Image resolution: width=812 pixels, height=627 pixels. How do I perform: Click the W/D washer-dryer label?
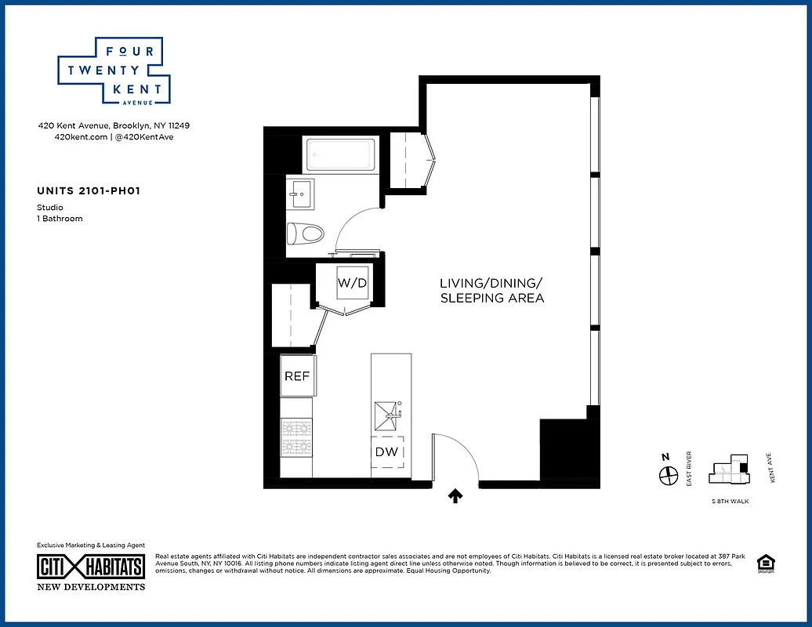coord(352,282)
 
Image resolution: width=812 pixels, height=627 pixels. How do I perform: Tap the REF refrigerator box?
coord(297,376)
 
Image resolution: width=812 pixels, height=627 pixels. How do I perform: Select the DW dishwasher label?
coord(386,452)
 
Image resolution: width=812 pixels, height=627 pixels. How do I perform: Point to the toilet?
coord(306,234)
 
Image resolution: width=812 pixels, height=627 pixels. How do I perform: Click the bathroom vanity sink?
coord(301,194)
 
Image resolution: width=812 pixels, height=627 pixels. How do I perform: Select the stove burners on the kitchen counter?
coord(296,437)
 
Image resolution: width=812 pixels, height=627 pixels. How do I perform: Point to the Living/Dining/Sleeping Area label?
coord(491,290)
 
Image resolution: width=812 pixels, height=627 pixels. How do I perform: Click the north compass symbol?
coord(667,475)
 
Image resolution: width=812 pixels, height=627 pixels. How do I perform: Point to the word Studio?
coord(50,208)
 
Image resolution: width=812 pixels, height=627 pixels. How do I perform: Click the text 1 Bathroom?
coord(60,219)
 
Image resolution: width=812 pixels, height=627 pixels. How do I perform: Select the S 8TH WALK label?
coord(729,501)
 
